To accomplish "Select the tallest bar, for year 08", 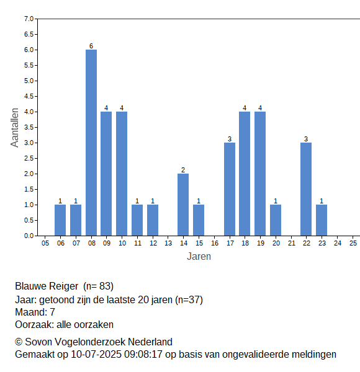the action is coord(91,143).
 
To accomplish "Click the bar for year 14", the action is coord(183,205).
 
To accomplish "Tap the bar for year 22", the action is coord(306,189).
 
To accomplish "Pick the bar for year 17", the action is coord(230,189).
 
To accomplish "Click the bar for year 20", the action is coord(276,220).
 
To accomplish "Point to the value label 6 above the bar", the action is coord(91,46).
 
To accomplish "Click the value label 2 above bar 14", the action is coord(183,170).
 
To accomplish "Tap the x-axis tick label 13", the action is coord(168,243).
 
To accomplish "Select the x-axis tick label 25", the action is coord(353,243).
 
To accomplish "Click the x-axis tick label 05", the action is coord(45,243).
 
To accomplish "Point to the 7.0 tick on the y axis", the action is coord(29,19).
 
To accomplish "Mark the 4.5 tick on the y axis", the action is coord(29,96).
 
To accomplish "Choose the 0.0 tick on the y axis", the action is coord(29,236).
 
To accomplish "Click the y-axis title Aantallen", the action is coord(15,128).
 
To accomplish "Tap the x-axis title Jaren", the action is coord(199,257).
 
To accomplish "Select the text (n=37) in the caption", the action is coord(189,300).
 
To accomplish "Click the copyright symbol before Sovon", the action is coord(19,342).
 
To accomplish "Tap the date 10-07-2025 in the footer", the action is coord(96,355).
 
